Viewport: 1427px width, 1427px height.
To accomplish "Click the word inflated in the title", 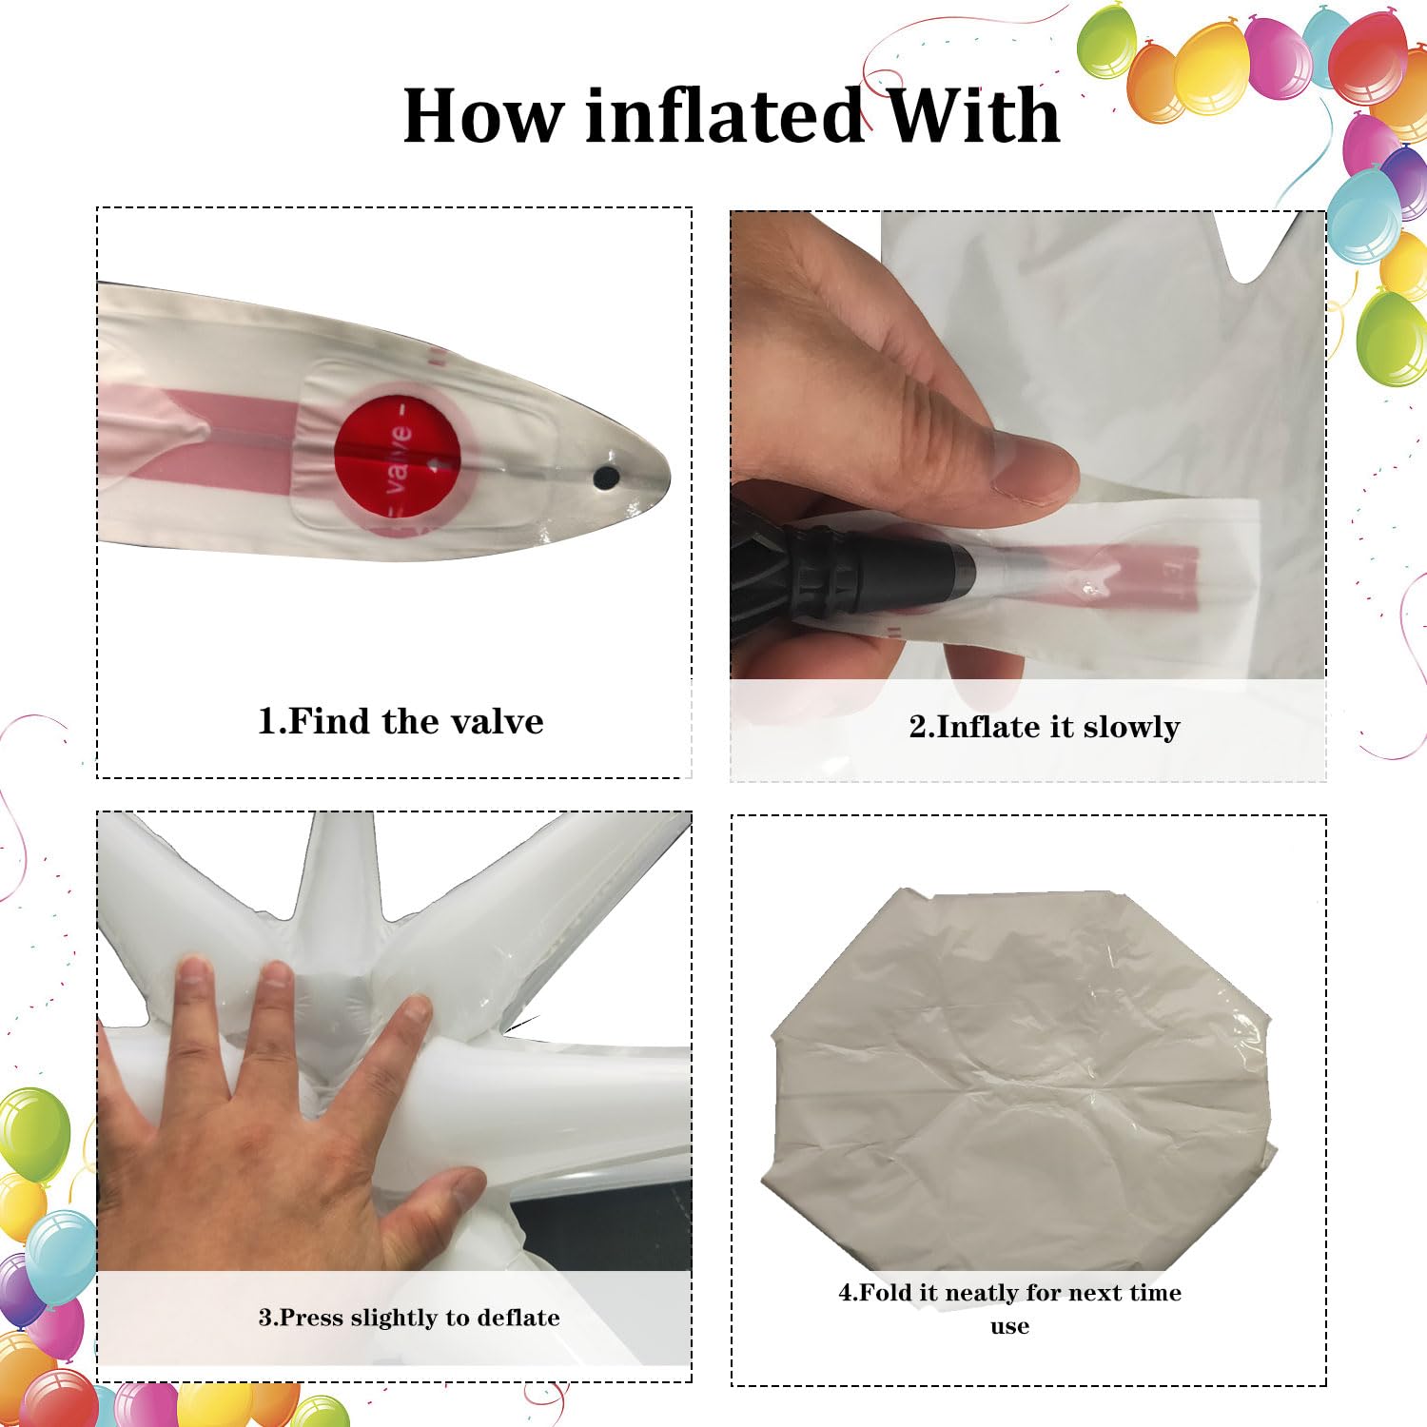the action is tap(723, 116).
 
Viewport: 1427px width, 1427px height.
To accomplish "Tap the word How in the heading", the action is tap(482, 116).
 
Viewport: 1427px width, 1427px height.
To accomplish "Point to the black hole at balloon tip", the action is tap(606, 477).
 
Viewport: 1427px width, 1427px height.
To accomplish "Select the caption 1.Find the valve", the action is tap(401, 721).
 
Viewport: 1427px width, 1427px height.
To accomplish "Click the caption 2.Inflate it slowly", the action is tap(1045, 727).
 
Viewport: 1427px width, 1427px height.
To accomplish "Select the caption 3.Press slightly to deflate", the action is tap(409, 1318).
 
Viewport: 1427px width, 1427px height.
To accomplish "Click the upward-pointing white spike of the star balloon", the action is tap(328, 885).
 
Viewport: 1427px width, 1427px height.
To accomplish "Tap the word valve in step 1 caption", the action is tap(498, 721).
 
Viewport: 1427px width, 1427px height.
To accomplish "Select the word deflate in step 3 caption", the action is tap(518, 1318).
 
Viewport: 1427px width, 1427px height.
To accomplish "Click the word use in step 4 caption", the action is tap(1009, 1326).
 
